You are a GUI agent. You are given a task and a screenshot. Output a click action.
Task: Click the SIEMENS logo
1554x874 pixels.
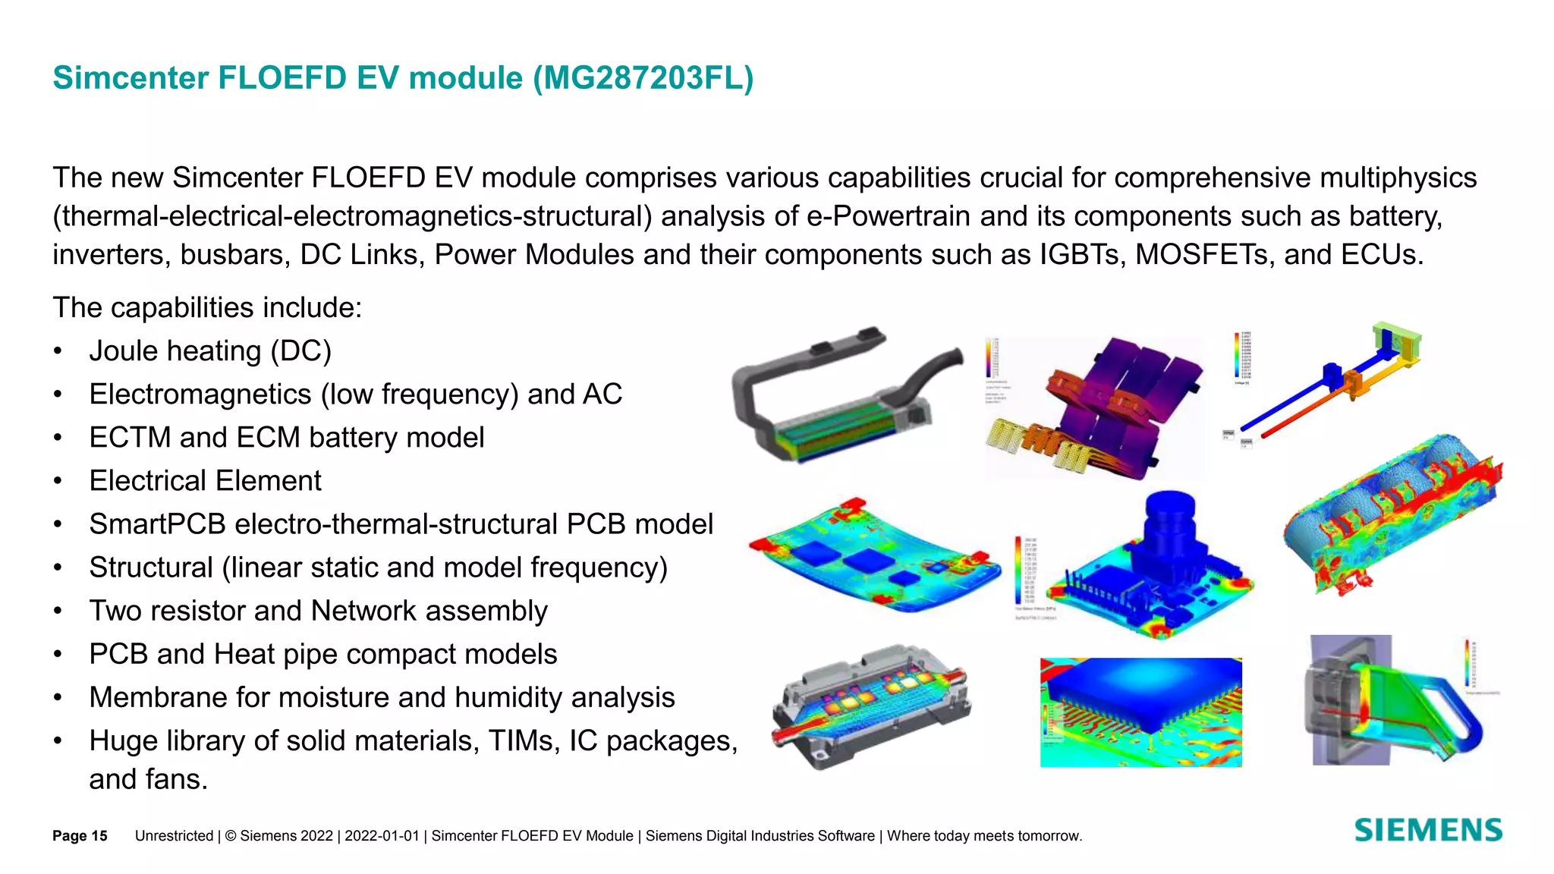(x=1428, y=831)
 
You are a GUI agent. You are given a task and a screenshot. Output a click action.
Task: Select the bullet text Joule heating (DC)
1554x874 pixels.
(x=210, y=351)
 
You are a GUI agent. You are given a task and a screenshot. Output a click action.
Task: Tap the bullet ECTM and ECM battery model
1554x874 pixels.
(x=286, y=438)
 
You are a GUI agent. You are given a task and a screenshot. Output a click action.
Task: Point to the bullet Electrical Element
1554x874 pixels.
(x=205, y=481)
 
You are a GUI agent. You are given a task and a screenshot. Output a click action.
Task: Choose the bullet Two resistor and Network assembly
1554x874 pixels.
(x=318, y=611)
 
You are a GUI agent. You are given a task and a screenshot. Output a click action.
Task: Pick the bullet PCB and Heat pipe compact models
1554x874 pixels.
(x=322, y=654)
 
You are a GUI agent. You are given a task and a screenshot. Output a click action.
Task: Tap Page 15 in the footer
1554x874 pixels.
(x=80, y=836)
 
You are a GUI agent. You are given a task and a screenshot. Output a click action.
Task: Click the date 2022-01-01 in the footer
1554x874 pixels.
(x=382, y=836)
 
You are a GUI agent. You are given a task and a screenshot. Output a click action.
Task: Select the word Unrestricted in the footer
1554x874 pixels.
(x=174, y=836)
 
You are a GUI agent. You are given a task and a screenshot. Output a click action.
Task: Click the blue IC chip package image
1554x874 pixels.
(x=1140, y=712)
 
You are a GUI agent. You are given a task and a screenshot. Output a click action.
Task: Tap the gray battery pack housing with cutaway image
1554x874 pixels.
(x=846, y=395)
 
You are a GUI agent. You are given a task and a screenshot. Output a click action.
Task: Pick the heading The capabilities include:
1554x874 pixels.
(x=207, y=308)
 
